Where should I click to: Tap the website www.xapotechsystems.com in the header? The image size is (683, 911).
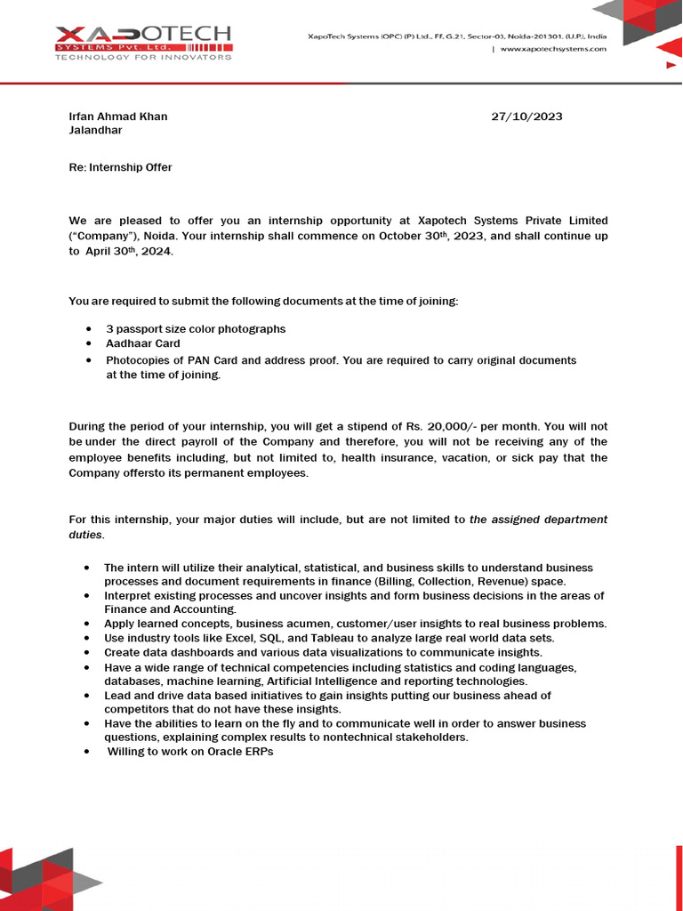click(x=553, y=50)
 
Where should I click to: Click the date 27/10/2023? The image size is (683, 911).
click(x=526, y=117)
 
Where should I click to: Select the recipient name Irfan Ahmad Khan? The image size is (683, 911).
click(x=118, y=117)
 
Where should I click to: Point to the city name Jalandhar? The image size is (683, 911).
click(x=95, y=130)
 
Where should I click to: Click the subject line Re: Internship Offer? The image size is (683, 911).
click(x=120, y=167)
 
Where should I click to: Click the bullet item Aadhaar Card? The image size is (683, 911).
click(x=142, y=343)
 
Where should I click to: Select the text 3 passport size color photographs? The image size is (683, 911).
click(x=196, y=329)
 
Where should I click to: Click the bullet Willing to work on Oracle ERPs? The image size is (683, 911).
click(x=190, y=752)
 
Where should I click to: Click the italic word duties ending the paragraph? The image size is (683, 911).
click(x=85, y=536)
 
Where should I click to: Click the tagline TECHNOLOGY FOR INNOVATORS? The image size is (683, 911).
click(x=143, y=57)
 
